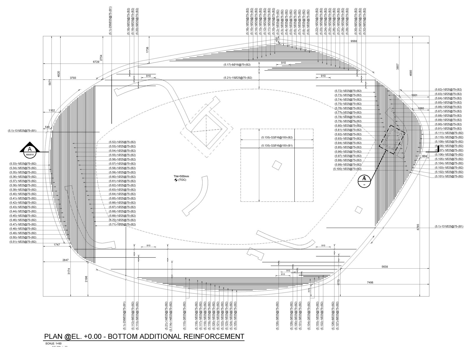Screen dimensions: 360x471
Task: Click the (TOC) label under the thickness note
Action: (x=182, y=180)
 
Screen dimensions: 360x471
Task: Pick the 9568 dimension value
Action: (x=354, y=41)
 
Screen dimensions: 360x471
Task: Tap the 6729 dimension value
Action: (x=96, y=62)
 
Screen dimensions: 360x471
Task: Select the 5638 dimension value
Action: (x=384, y=267)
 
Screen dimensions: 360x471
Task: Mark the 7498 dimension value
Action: (x=370, y=282)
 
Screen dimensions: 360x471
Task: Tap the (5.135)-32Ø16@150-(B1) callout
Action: (x=277, y=146)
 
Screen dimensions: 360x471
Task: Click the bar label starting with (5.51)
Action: (x=23, y=242)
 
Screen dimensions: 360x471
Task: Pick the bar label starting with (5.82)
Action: (x=448, y=89)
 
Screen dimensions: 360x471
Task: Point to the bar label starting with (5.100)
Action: (x=347, y=169)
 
